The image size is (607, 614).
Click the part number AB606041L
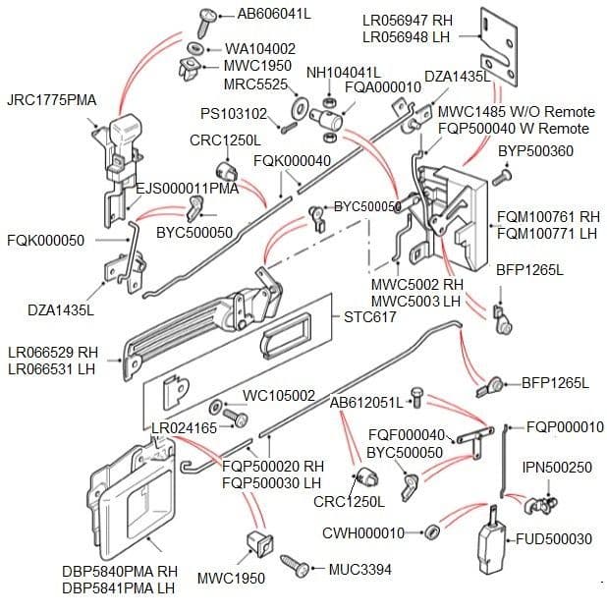(x=274, y=14)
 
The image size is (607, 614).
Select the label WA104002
(x=260, y=48)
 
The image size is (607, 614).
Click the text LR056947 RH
(x=407, y=20)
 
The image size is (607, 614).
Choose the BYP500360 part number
(x=535, y=151)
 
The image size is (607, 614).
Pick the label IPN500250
(x=557, y=468)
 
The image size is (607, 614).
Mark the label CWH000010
(x=363, y=532)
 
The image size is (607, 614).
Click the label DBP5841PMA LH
(x=119, y=588)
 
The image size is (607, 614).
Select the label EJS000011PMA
(x=187, y=188)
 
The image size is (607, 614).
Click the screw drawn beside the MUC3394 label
(x=294, y=565)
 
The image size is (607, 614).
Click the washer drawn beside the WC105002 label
(x=216, y=407)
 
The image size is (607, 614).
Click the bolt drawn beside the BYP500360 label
(x=504, y=176)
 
